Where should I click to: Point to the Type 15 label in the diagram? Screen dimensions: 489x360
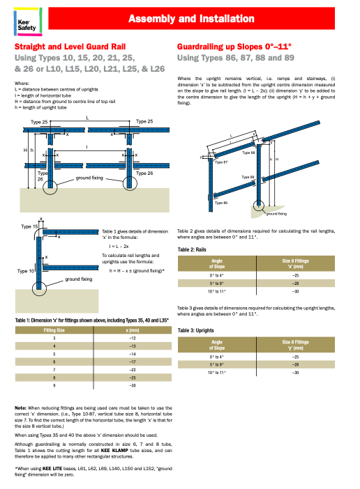[29, 227]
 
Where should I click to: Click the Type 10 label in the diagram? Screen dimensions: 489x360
[26, 270]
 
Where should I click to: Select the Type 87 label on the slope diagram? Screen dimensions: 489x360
[221, 161]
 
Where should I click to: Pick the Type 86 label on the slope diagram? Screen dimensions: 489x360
[221, 202]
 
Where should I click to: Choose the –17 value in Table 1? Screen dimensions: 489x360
[132, 362]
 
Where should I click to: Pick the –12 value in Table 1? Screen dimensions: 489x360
[132, 338]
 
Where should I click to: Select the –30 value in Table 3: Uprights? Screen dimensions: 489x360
[295, 373]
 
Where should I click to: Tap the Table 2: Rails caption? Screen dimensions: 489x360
[195, 249]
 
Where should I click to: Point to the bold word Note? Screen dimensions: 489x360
[22, 407]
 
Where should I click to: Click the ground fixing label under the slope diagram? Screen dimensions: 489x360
[277, 213]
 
